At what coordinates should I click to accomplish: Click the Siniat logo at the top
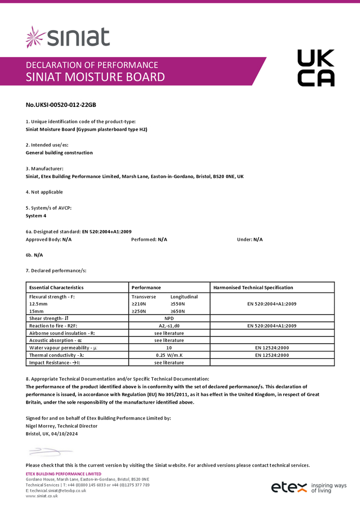68,37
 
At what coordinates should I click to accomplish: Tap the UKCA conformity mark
316,68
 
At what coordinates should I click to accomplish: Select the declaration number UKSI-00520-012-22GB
61,105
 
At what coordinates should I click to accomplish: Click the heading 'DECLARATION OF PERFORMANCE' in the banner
92,65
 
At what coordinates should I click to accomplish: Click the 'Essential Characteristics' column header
57,288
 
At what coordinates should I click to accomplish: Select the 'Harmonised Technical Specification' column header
253,288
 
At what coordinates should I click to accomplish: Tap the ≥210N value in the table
139,303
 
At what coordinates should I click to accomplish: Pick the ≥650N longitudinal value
178,310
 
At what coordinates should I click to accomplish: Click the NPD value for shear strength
169,318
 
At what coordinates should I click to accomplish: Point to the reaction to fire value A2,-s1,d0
169,325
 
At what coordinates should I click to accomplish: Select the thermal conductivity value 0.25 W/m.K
169,355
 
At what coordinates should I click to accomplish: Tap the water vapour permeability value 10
169,348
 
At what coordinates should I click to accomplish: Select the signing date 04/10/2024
65,434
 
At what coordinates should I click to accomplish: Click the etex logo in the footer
289,487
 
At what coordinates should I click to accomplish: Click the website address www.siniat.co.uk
42,496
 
